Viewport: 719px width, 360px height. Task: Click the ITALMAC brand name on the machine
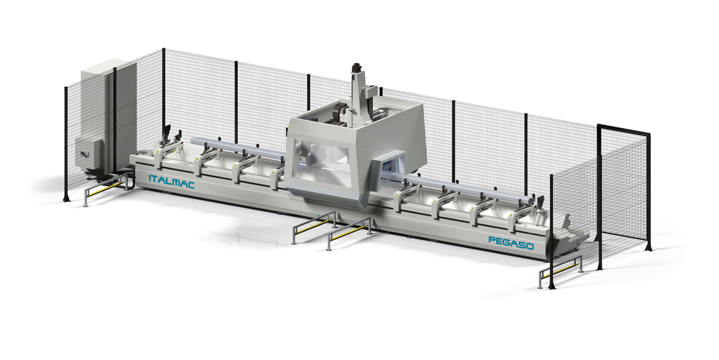[172, 181]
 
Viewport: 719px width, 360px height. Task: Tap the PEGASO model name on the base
[511, 243]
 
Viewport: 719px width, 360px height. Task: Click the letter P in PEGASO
[491, 240]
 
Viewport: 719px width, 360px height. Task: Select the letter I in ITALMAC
[149, 178]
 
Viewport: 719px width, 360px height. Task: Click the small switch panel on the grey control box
[84, 155]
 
